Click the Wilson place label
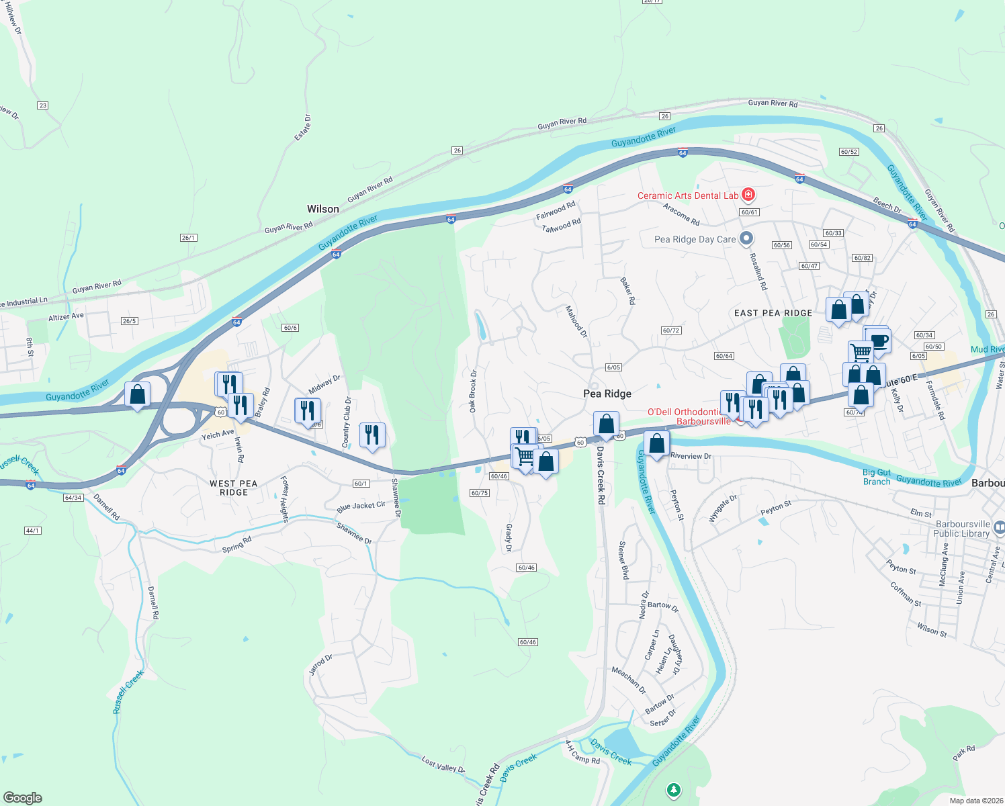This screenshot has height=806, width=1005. point(322,209)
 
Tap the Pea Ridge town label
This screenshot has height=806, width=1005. point(607,394)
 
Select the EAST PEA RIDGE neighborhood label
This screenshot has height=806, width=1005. point(773,313)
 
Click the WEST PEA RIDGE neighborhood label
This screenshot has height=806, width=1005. point(233,488)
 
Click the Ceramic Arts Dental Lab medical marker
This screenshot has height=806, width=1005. point(748,195)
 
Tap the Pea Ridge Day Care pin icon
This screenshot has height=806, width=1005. point(746,239)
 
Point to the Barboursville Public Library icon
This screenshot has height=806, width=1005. point(999,529)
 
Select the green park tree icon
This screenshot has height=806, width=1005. point(673,790)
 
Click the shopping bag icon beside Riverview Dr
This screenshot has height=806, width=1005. point(656,443)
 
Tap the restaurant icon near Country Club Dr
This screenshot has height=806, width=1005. point(372,435)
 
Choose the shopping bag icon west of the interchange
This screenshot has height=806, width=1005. point(137,394)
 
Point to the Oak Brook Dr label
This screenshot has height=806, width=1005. point(473,391)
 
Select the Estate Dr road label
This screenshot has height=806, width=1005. point(303,127)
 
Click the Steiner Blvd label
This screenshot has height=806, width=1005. point(623,560)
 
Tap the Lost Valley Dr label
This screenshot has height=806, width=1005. point(443,764)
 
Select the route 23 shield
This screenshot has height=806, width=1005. point(43,105)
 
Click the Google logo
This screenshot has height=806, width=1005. point(22,798)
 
